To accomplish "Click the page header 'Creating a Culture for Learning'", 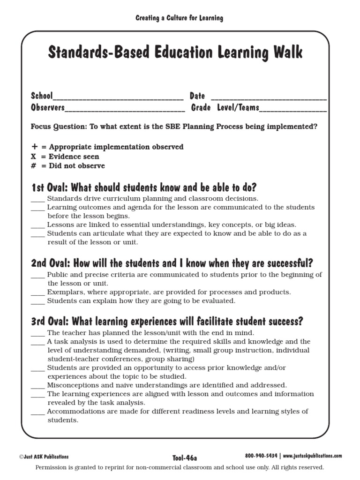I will click(x=180, y=18).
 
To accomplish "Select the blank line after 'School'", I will click(x=118, y=97).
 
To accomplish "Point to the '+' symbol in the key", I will click(x=34, y=147).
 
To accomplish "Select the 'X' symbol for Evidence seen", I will click(x=34, y=157).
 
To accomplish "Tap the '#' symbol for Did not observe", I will click(x=34, y=166).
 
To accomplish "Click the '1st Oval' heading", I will click(x=143, y=187).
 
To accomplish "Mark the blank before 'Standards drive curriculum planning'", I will click(x=38, y=199).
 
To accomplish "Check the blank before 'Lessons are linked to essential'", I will click(x=38, y=225).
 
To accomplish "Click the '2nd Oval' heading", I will click(x=172, y=262).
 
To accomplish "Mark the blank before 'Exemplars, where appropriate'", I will click(x=38, y=292).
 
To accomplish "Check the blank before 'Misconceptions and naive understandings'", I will click(x=38, y=385).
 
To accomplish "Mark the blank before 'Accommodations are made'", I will click(x=38, y=412).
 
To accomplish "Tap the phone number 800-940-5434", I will click(x=262, y=456).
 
